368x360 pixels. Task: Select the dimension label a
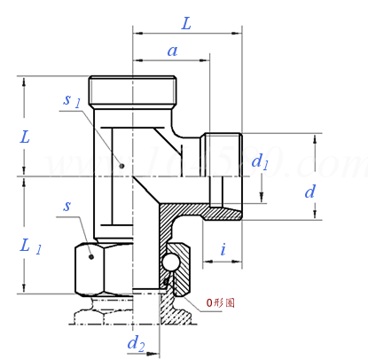(x=173, y=51)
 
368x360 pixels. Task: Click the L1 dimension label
(x=30, y=247)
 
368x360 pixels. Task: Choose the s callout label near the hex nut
(x=67, y=206)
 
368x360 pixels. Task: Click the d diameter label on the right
(x=309, y=191)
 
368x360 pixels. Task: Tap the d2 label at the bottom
(x=135, y=343)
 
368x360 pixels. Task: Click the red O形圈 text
(x=221, y=302)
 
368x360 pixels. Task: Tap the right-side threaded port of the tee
(x=223, y=173)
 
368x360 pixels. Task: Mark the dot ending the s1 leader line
(x=121, y=164)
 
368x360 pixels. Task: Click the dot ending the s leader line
(x=92, y=255)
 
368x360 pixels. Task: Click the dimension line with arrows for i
(x=223, y=263)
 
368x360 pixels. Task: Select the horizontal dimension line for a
(x=172, y=61)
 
